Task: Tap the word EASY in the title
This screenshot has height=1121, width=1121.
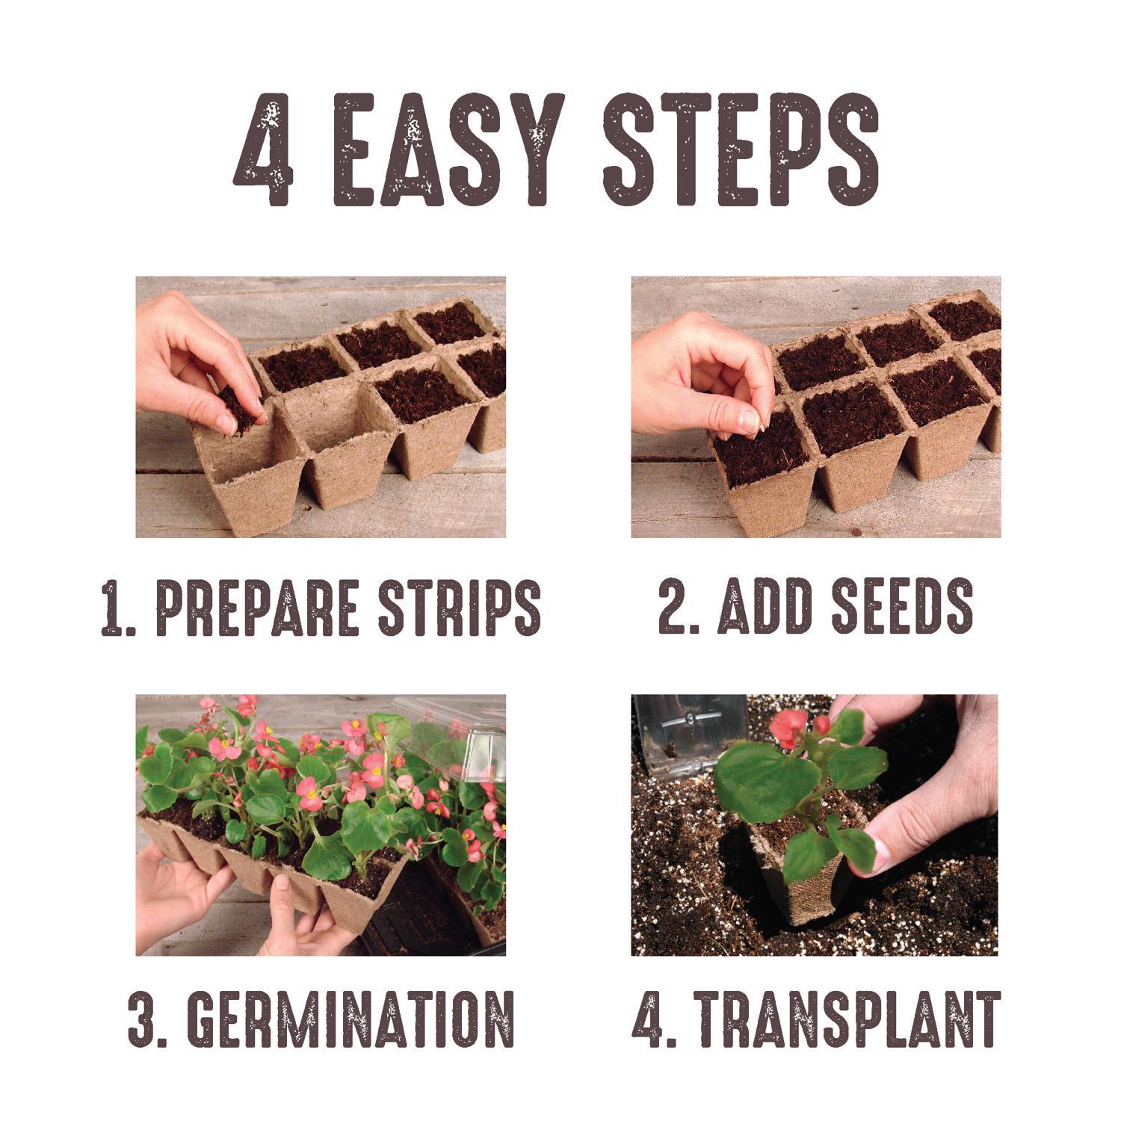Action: click(x=447, y=149)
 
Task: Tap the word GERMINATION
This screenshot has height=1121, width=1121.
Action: click(x=350, y=1018)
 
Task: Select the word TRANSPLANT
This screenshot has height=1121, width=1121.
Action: click(x=848, y=1018)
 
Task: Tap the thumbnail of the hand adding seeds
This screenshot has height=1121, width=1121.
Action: click(x=815, y=407)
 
